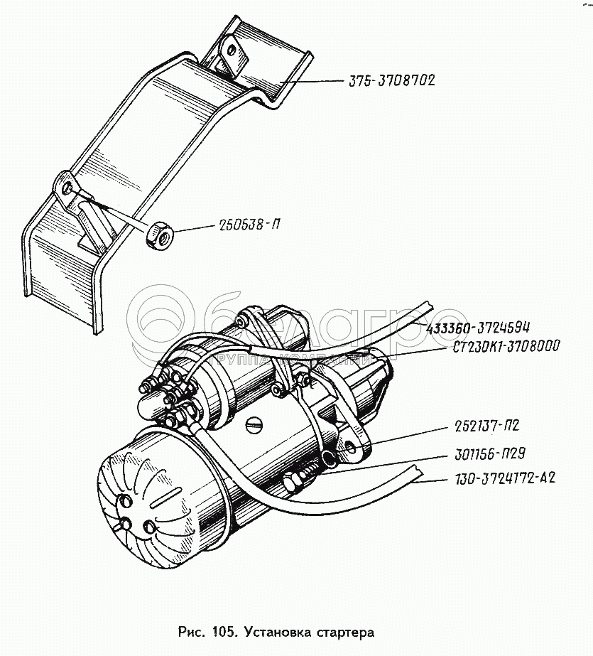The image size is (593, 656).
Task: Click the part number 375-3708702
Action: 392,80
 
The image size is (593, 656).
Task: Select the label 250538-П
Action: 249,225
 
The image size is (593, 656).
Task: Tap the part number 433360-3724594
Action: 478,327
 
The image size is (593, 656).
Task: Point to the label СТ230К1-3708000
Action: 506,346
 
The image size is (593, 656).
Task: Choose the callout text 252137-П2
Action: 487,426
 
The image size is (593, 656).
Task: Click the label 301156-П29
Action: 490,453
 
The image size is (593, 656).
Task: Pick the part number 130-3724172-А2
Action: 505,478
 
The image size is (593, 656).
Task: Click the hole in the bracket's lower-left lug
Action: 67,190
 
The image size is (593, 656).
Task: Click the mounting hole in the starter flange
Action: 351,449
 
